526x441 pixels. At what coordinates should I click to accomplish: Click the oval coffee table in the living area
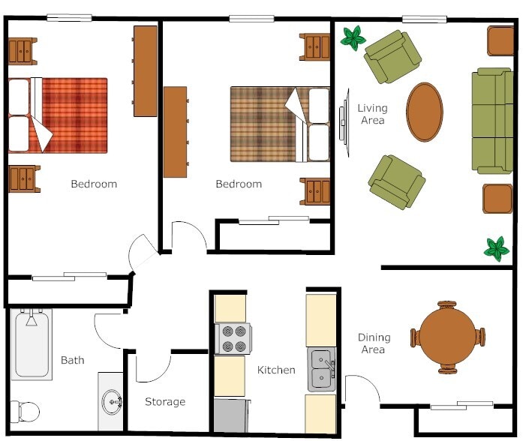[425, 112]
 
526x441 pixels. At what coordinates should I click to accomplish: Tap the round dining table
[447, 337]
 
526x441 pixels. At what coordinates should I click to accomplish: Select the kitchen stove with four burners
[234, 338]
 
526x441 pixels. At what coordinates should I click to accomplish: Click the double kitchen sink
[322, 370]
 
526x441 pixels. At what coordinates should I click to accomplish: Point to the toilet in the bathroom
[25, 411]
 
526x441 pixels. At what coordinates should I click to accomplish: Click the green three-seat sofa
[492, 121]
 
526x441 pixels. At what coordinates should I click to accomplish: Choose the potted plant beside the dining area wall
[496, 248]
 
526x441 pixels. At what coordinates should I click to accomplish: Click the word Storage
[165, 402]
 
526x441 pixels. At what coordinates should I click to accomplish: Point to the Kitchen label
[276, 370]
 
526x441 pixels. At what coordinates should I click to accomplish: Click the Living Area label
[372, 114]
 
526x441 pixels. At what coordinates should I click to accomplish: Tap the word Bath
[73, 360]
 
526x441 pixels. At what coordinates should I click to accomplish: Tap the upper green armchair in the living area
[392, 56]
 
